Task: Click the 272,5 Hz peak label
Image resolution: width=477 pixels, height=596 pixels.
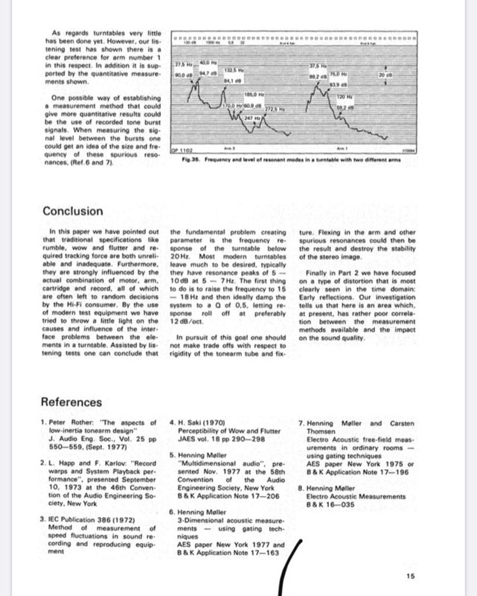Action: [x=257, y=110]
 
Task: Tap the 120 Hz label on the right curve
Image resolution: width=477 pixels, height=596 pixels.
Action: [x=343, y=98]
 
